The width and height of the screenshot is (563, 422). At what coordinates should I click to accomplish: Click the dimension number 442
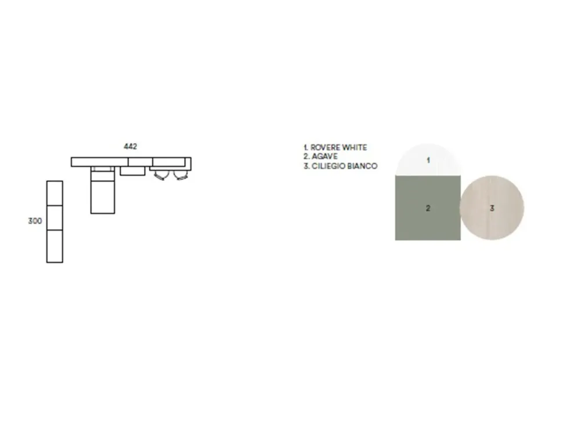[x=131, y=146]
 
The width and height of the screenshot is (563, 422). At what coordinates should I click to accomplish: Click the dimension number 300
[x=35, y=221]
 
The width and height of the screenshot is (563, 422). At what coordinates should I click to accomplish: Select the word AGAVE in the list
[x=324, y=157]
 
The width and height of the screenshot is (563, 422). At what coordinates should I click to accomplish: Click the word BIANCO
[x=363, y=166]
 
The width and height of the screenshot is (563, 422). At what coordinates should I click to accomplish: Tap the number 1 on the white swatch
[x=428, y=160]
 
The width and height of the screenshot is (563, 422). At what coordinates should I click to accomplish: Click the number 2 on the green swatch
[x=428, y=208]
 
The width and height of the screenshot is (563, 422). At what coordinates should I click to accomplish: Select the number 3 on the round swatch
[x=492, y=208]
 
